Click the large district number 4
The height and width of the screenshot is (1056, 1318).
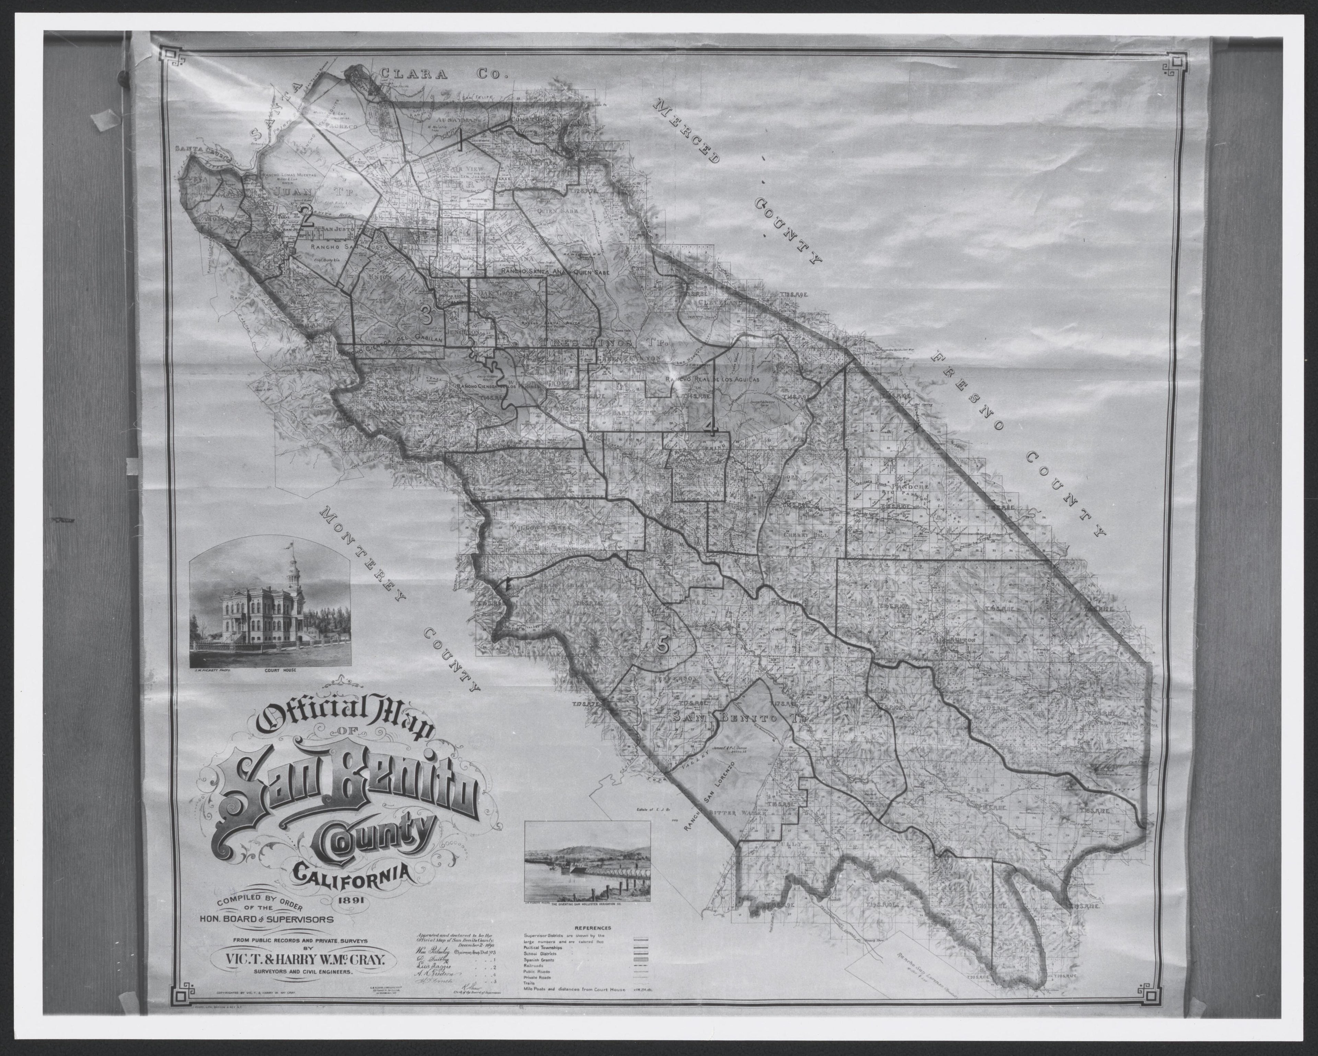(710, 425)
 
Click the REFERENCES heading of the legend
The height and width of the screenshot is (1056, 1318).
(593, 928)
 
